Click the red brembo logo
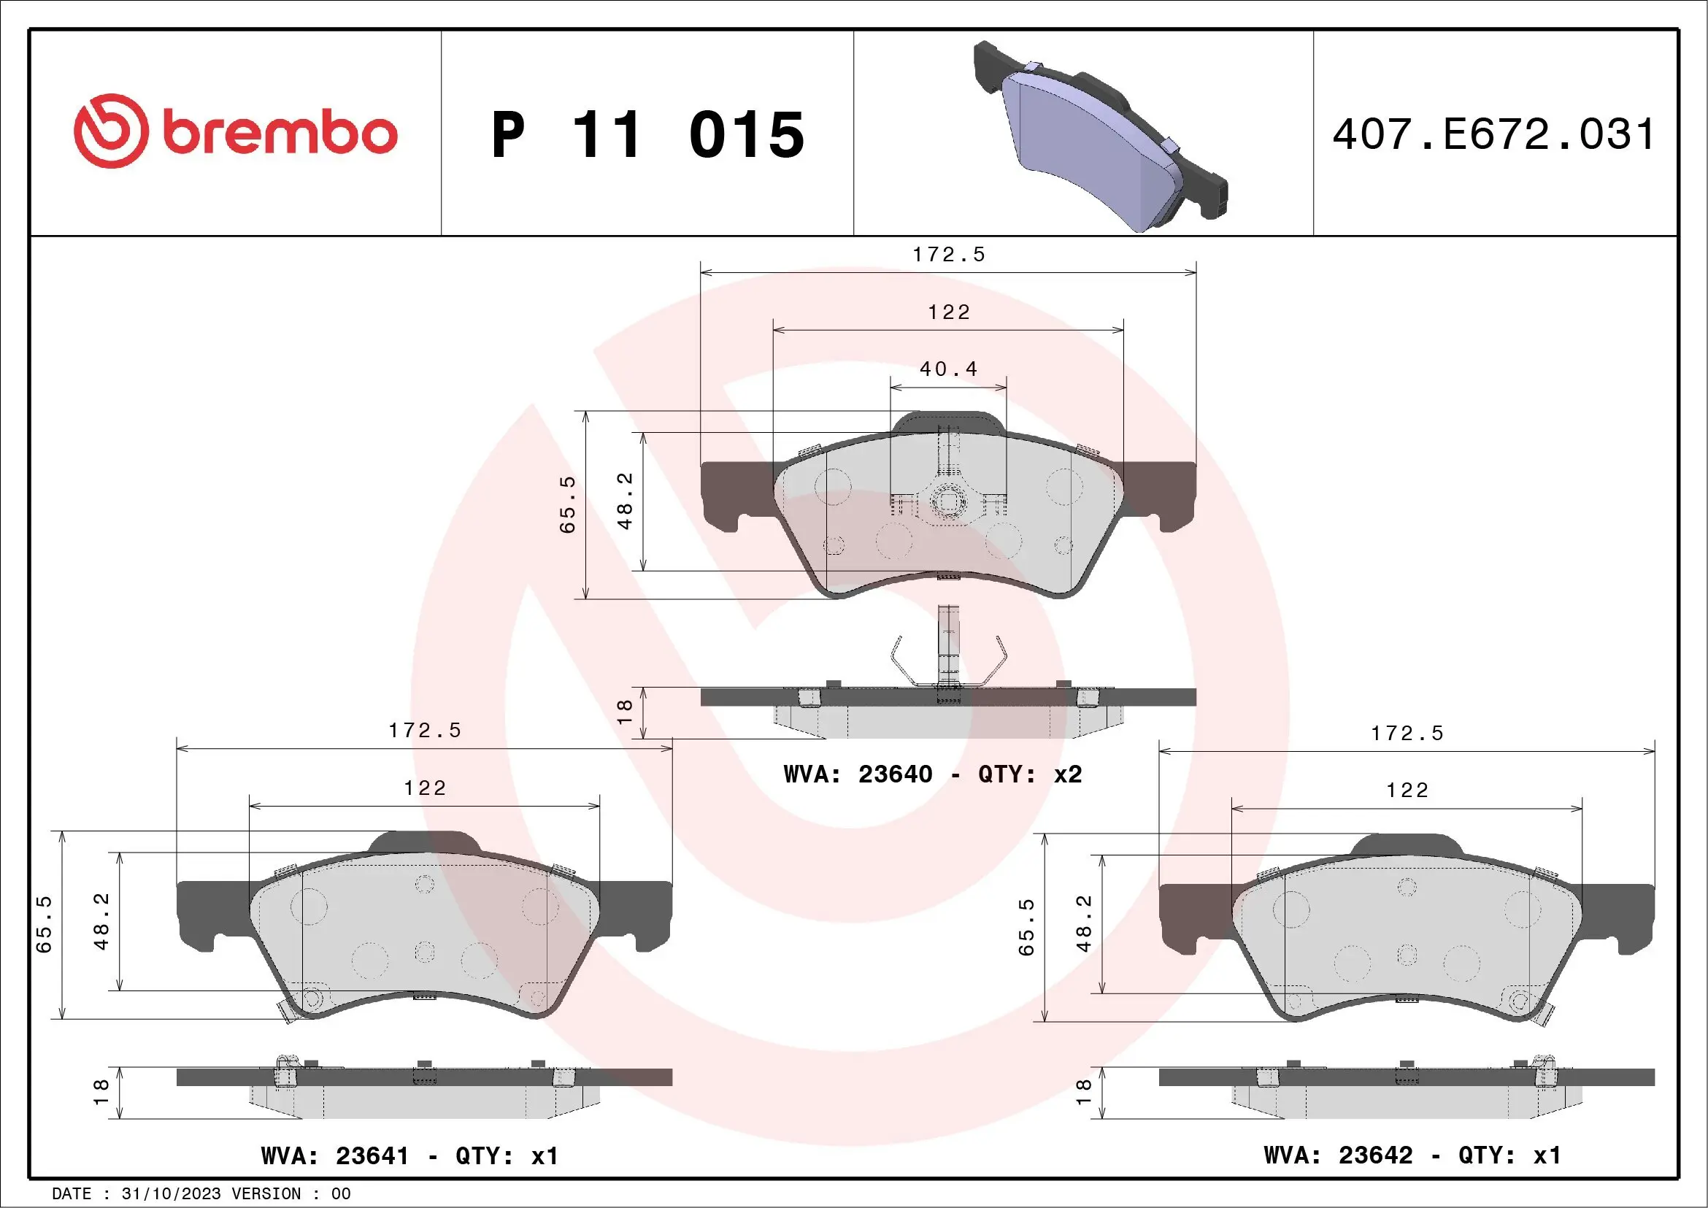pos(235,131)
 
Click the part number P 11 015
pos(647,134)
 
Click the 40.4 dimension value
pos(947,369)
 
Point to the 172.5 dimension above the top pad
pos(948,255)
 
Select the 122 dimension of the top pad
pos(948,312)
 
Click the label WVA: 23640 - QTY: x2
pos(932,774)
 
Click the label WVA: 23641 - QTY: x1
pos(409,1156)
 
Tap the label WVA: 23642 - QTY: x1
pos(1412,1155)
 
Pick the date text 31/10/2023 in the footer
pos(171,1194)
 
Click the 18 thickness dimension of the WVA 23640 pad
pos(624,712)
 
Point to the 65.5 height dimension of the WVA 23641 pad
pos(44,925)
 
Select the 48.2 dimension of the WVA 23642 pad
pos(1084,923)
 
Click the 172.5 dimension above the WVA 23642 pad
pos(1407,734)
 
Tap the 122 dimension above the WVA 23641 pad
pos(425,788)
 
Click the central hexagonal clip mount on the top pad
pos(947,502)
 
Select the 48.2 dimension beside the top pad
pos(625,501)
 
